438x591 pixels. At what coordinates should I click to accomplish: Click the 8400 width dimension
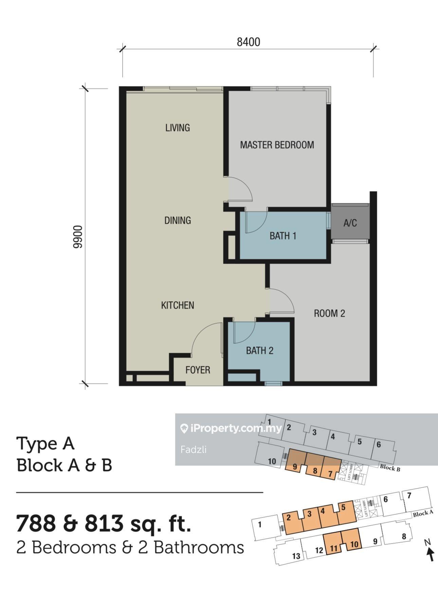tap(249, 42)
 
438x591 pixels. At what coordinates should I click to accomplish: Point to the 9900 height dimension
tap(78, 237)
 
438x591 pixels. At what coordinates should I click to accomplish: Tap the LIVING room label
tap(178, 128)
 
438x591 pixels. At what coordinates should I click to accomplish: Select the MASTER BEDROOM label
tap(277, 145)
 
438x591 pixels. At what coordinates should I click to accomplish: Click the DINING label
tap(178, 221)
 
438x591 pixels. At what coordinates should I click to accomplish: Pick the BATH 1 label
tap(283, 236)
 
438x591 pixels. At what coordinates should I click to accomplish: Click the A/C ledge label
tap(350, 223)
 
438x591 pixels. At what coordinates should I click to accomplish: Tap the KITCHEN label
tap(178, 305)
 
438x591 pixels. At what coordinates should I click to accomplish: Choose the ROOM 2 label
tap(329, 313)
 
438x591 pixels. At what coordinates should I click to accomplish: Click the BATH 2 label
tap(260, 350)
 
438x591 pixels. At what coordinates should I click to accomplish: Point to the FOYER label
tap(198, 370)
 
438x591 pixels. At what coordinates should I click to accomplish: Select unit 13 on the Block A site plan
tap(296, 556)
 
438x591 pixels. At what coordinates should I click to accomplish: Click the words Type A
tap(45, 444)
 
